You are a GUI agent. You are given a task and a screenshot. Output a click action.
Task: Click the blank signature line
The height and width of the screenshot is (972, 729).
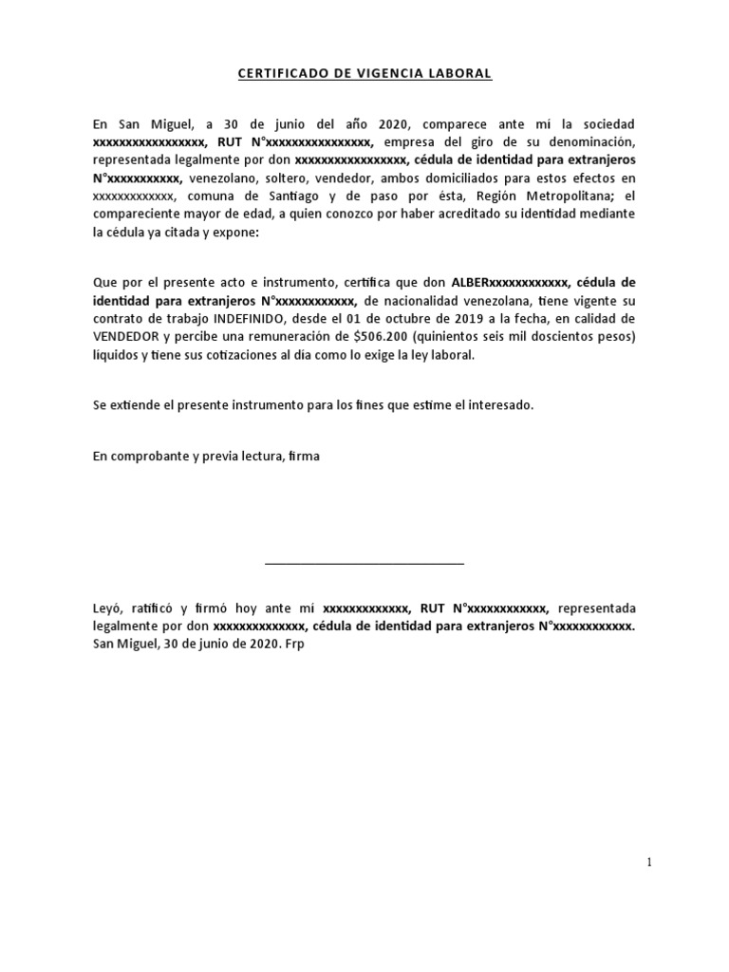[x=364, y=564]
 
